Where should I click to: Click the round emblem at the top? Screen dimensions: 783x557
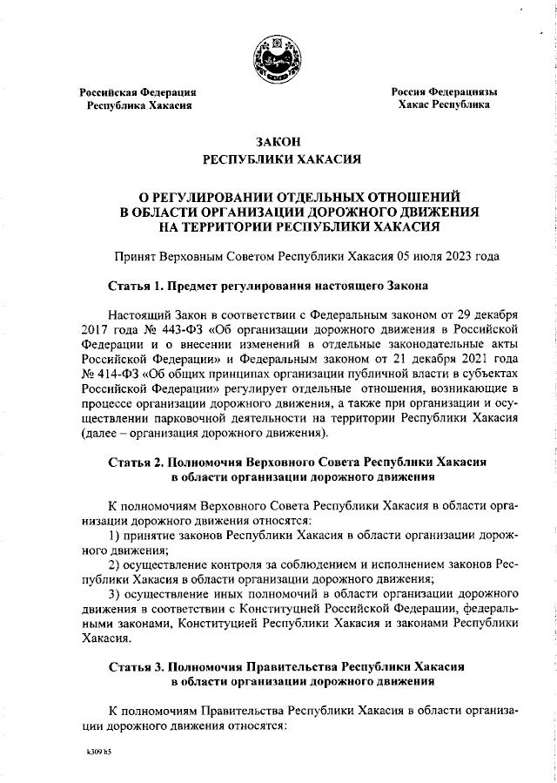tap(278, 58)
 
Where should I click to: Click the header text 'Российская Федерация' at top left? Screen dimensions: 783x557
tap(138, 91)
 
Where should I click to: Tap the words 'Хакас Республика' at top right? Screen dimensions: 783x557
tap(443, 105)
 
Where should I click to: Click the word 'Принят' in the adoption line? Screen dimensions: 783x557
tap(135, 257)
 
